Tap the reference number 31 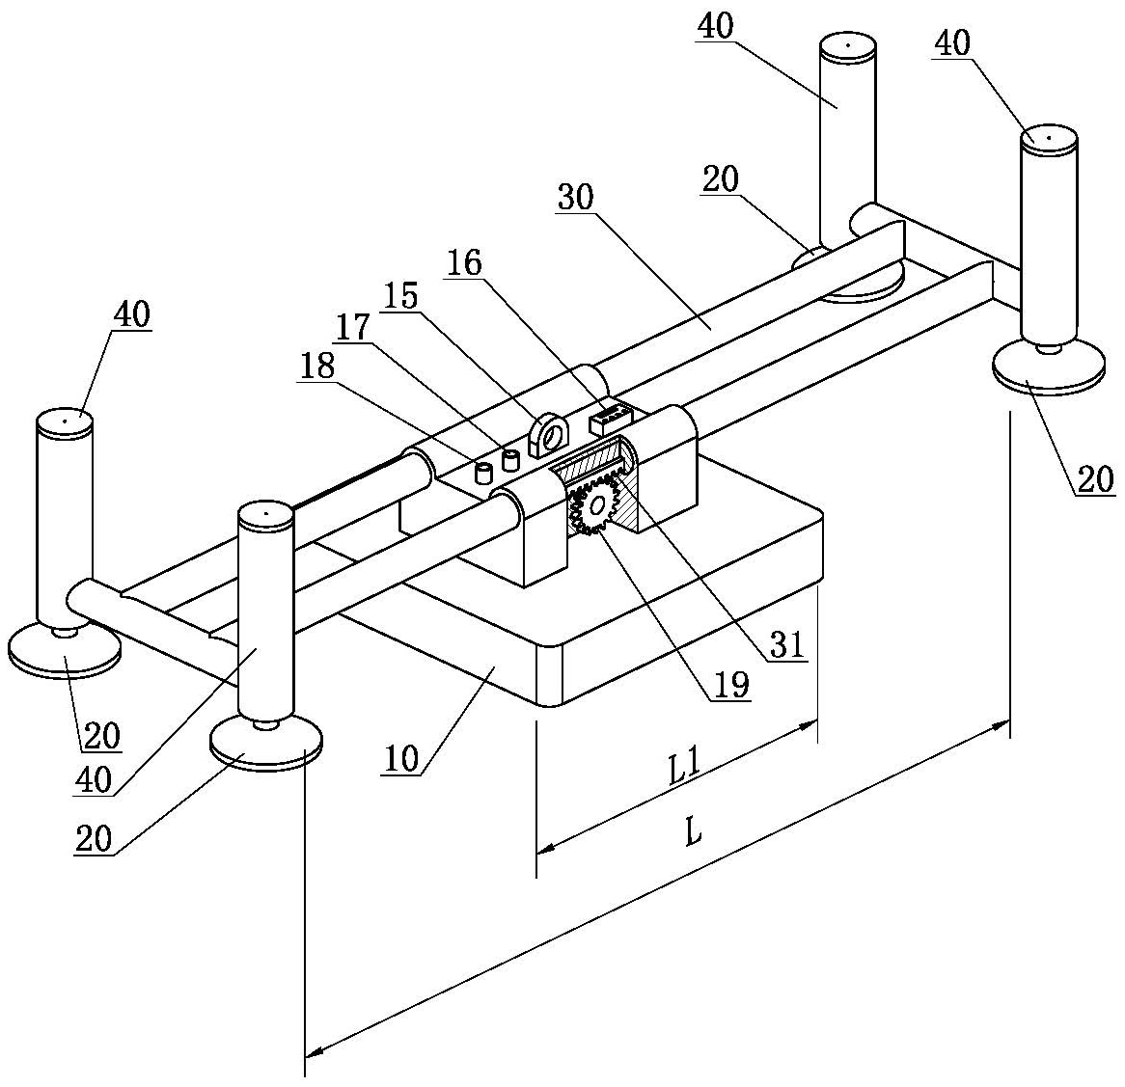[x=788, y=644]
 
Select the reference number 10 [x=401, y=758]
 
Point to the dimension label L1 [x=684, y=769]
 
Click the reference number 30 [x=575, y=197]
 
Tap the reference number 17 [x=352, y=328]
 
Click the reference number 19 [x=731, y=685]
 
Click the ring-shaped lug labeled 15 [x=548, y=435]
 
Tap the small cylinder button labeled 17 [x=510, y=460]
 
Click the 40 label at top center [x=715, y=27]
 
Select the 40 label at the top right [x=952, y=43]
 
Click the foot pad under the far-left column [x=64, y=650]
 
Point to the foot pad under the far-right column [x=1048, y=367]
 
